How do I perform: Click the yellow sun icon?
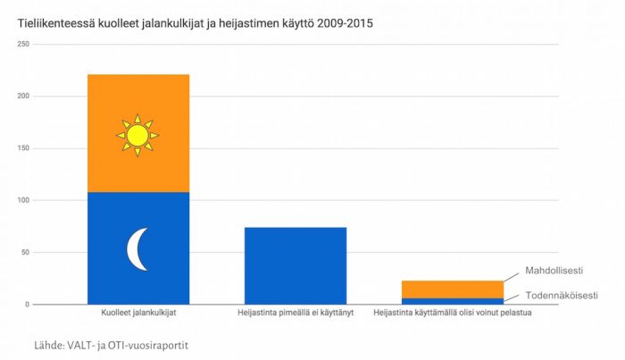(137, 135)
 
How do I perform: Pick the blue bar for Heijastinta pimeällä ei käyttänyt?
(295, 265)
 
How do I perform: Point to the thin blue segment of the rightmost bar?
(452, 301)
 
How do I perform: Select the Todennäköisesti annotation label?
(560, 294)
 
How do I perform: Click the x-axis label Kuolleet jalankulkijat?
(138, 314)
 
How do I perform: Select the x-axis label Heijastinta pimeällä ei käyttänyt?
(295, 314)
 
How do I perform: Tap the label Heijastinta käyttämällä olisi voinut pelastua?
(452, 314)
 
